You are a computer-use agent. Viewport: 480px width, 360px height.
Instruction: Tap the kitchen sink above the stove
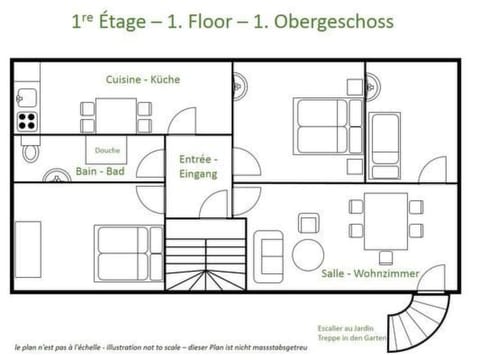[x=27, y=98]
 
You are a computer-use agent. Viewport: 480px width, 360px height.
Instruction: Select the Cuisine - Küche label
[x=143, y=79]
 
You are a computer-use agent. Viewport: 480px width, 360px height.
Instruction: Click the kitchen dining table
[x=107, y=113]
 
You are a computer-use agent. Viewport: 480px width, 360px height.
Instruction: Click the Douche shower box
[x=107, y=151]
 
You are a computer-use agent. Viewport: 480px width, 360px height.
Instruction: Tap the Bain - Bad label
[x=100, y=171]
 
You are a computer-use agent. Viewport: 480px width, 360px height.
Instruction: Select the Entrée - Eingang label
[x=198, y=166]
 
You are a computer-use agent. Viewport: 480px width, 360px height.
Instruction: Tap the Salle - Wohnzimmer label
[x=370, y=273]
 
